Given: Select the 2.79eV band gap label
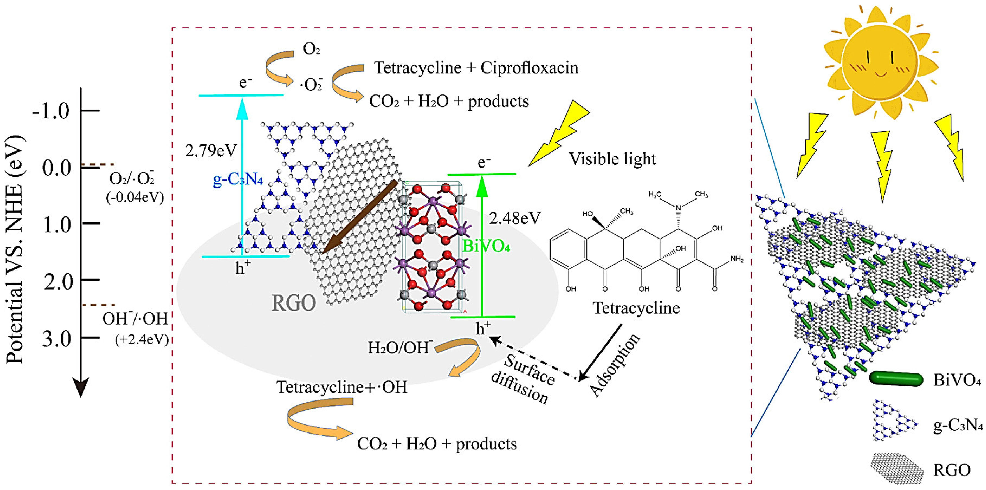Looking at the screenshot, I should [211, 151].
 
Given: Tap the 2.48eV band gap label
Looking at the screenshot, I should [515, 219].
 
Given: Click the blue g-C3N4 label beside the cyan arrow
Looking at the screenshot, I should [238, 179].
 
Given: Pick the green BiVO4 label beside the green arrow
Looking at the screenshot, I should [486, 246].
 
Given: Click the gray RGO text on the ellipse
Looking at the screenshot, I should [294, 303].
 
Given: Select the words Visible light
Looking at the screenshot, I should [612, 159].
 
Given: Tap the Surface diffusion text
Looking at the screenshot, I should [524, 379].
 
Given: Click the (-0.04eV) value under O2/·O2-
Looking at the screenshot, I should [135, 197].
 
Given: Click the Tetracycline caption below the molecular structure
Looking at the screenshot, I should [636, 308].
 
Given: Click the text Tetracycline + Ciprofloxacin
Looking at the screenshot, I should [476, 68].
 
